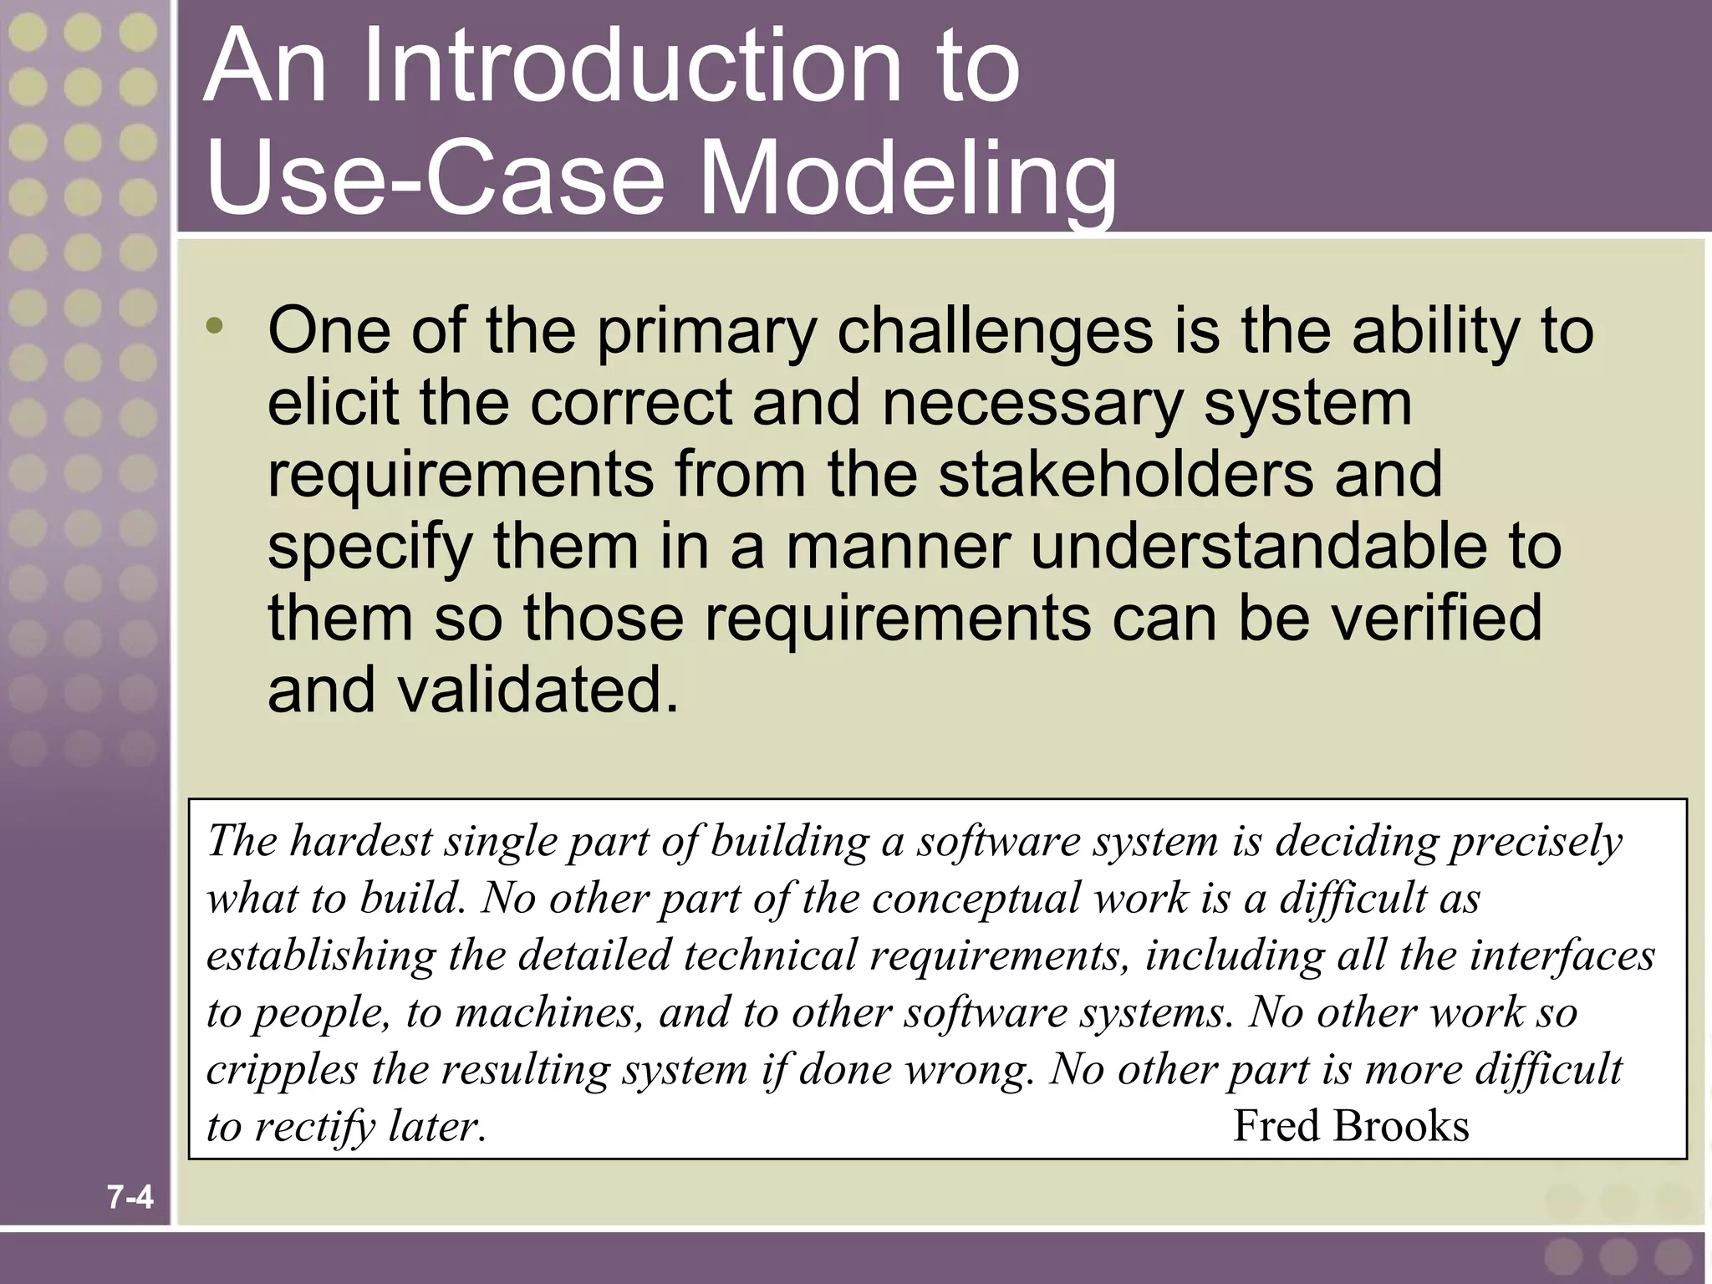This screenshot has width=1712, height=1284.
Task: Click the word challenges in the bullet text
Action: [995, 332]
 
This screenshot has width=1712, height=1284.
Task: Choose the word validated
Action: [537, 690]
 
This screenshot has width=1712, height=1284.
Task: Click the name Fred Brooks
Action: [1351, 1126]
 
